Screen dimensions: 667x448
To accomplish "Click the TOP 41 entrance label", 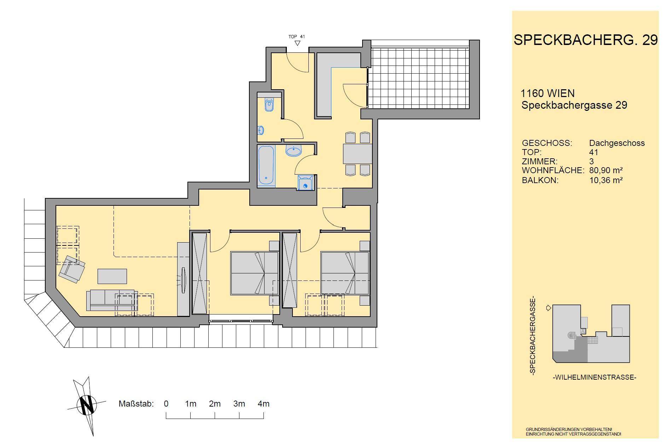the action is coord(297,36).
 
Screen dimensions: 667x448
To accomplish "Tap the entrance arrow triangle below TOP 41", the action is coord(297,43).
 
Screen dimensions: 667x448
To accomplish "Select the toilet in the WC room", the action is coord(269,104).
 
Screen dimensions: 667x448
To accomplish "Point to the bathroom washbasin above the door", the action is coord(294,151).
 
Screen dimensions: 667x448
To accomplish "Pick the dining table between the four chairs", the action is coord(357,154).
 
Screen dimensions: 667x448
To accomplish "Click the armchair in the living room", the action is coord(72,270).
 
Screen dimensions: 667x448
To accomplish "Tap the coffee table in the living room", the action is coord(112,276).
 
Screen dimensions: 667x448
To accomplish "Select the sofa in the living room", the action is coord(112,300).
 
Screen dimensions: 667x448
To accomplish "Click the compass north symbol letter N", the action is coord(87,404).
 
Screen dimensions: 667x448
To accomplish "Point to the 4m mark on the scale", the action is coord(264,404).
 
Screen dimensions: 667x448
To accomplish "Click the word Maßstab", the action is coord(136,404).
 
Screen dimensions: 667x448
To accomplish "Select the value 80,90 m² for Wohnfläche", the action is coord(606,170).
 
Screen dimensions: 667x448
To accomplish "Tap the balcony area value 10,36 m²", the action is coord(606,180).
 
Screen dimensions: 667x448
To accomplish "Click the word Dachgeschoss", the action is coord(617,143).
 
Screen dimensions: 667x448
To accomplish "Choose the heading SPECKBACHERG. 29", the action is coord(586,40).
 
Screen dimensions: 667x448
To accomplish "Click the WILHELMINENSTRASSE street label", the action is coord(594,378).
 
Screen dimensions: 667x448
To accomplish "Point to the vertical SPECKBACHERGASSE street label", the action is coord(533,336).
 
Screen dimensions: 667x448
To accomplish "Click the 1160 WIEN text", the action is coord(548,93).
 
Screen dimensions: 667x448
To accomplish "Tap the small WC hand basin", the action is coord(261,130).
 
